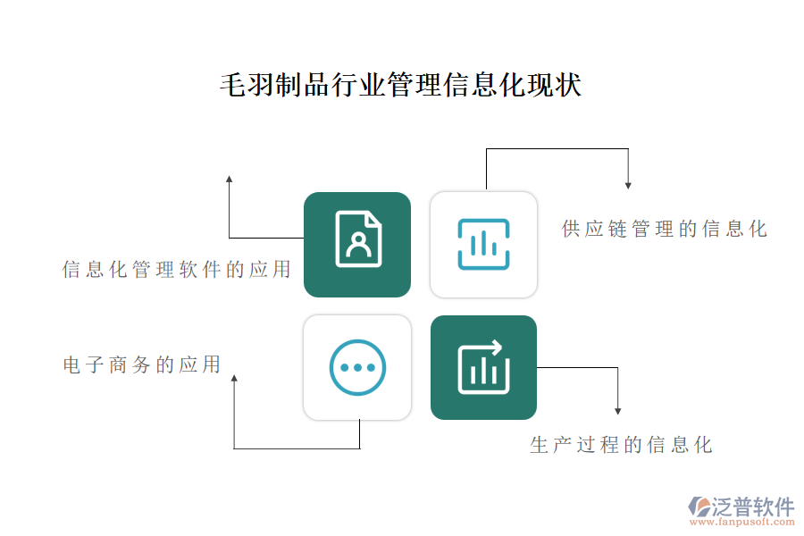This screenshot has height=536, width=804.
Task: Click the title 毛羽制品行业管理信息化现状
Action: [400, 85]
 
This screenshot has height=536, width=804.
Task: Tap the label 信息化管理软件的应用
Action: [176, 269]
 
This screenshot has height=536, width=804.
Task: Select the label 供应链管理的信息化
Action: [664, 229]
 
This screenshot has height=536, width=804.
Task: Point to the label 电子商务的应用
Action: [141, 364]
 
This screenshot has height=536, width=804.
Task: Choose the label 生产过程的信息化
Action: [621, 445]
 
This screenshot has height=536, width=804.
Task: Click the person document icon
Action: [358, 239]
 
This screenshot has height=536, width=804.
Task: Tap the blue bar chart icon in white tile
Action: [483, 244]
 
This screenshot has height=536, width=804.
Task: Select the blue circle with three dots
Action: [357, 367]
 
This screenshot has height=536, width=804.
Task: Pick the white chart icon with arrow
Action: [483, 367]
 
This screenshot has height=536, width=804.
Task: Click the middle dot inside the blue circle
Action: [357, 367]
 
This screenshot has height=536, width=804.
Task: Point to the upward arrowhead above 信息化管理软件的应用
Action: [230, 179]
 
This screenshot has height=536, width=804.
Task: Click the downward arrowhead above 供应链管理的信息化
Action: [628, 186]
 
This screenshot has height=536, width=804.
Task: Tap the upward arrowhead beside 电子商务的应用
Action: [234, 378]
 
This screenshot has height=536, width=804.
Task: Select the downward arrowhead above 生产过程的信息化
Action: [618, 411]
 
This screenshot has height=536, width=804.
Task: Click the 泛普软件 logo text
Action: [753, 507]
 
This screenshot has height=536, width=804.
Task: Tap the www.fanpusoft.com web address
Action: [742, 522]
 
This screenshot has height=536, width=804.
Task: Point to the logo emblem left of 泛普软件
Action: [699, 507]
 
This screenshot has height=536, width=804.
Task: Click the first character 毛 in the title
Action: [233, 85]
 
